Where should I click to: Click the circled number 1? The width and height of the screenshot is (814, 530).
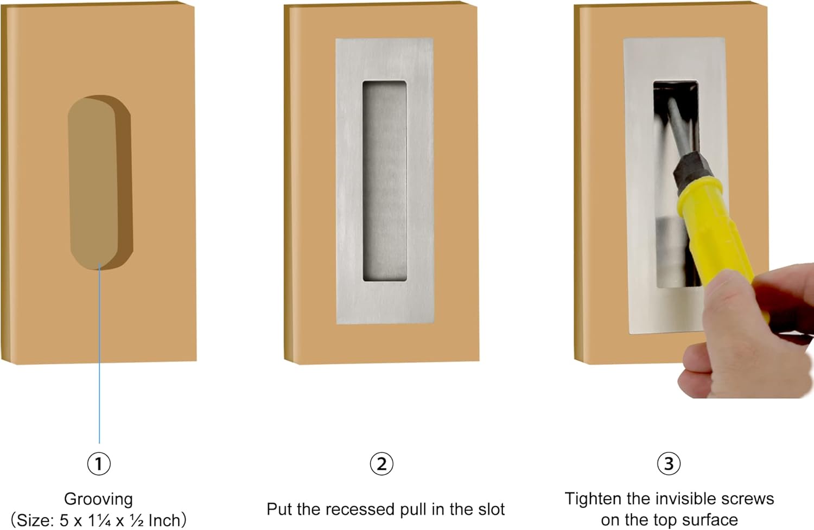click(99, 464)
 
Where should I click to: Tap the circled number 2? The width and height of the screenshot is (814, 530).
click(381, 464)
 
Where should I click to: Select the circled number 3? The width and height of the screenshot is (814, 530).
click(669, 464)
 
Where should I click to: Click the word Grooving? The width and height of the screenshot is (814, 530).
click(98, 499)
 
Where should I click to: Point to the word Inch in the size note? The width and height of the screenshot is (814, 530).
click(164, 520)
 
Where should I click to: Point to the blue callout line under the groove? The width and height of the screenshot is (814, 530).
click(99, 353)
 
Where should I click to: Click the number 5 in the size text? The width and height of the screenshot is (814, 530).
click(64, 520)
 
